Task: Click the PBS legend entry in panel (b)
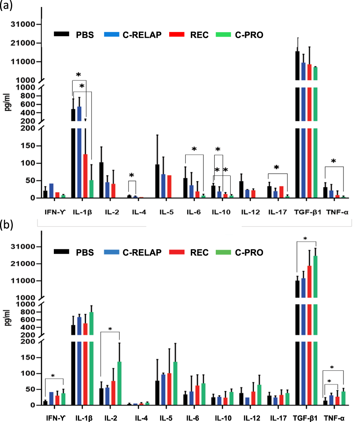pos(85,252)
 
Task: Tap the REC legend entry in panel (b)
pos(200,252)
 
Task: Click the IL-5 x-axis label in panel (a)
pos(167,212)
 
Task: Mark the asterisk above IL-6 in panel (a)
pos(194,150)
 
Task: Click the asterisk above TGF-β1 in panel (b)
pos(306,239)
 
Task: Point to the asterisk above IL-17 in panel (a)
pos(277,168)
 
